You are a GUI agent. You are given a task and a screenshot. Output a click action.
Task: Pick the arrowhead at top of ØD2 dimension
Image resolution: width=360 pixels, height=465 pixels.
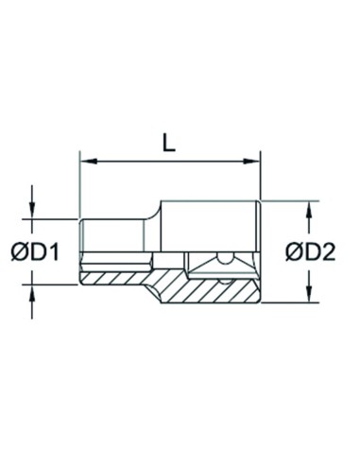pos(309,206)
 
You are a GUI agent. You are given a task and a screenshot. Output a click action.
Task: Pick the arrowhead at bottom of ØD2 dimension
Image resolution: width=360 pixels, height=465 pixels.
pos(309,295)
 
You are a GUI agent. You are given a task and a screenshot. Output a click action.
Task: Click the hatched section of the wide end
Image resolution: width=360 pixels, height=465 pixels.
pos(217,288)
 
